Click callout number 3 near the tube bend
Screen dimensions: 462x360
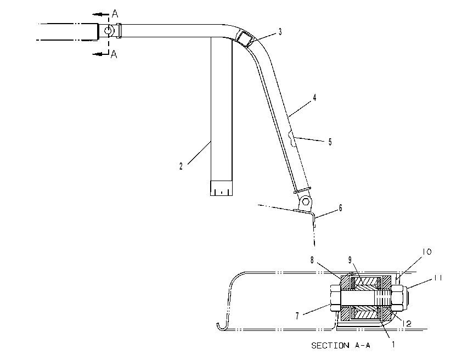[x=280, y=32]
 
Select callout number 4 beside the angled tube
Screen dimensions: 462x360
[x=314, y=98]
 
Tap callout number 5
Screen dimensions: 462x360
[x=330, y=142]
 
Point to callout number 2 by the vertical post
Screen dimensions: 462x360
[x=181, y=166]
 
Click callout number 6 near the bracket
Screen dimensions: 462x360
[x=341, y=208]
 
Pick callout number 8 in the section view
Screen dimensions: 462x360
[x=312, y=260]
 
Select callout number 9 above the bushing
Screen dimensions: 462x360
[x=350, y=260]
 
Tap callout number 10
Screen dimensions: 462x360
[x=427, y=251]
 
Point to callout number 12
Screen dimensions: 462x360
[x=407, y=323]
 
